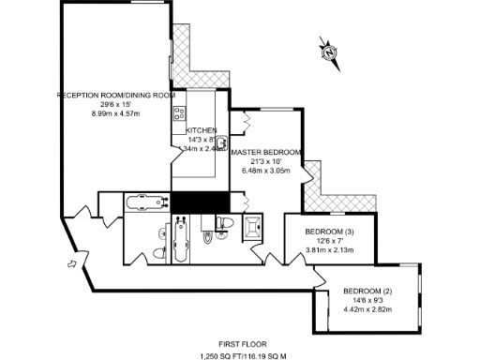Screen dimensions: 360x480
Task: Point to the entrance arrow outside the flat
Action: point(71,264)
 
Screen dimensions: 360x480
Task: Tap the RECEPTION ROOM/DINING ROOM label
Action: point(115,96)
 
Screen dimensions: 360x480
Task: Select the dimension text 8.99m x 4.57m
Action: point(115,113)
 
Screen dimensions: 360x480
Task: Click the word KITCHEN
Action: point(202,130)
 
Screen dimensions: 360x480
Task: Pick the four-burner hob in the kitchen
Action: point(178,113)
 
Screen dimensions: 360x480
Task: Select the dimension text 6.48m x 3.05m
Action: point(266,171)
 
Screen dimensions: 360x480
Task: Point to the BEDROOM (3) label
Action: point(330,232)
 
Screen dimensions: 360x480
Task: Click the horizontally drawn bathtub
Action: point(145,201)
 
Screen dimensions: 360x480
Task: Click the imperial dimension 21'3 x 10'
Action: point(266,162)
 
